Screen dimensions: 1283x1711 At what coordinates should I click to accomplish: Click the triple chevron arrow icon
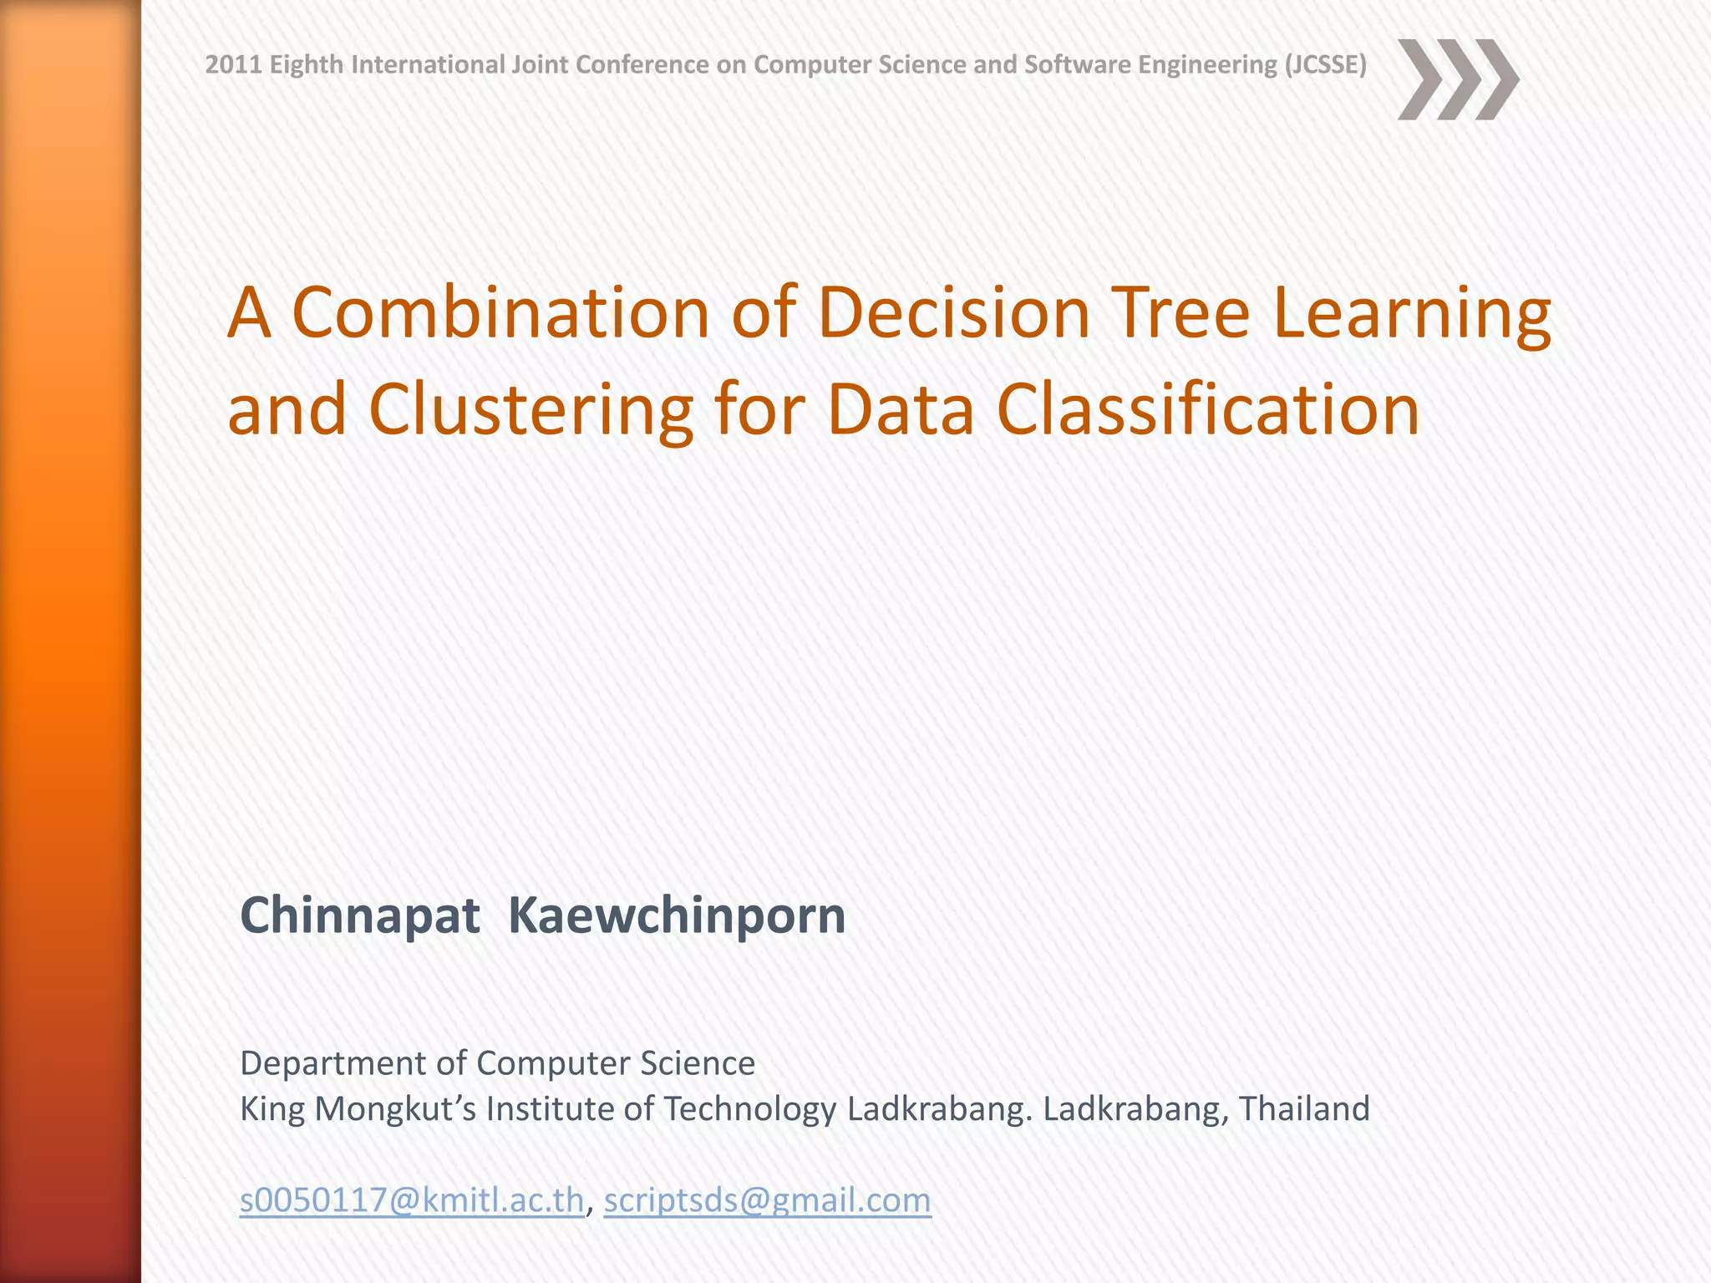pos(1457,80)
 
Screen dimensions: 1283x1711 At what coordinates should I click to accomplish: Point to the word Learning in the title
pos(1412,316)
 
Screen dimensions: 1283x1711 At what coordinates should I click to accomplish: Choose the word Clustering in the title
pos(531,411)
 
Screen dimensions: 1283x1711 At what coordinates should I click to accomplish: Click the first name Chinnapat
pos(360,915)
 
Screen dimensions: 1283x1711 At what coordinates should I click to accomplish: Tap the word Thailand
pos(1304,1108)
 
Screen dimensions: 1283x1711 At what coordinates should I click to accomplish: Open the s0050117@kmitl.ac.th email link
pos(412,1200)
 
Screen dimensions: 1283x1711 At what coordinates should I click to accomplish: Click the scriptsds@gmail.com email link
pos(767,1200)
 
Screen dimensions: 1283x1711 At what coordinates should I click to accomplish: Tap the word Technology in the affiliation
pos(750,1109)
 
